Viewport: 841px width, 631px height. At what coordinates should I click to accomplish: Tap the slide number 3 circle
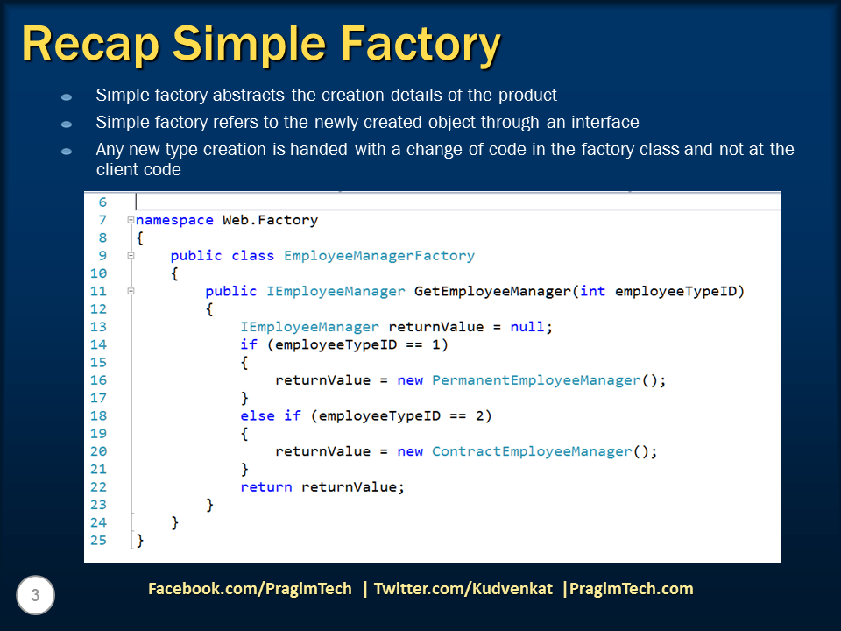coord(35,597)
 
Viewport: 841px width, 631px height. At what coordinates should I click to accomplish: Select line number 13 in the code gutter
coord(98,327)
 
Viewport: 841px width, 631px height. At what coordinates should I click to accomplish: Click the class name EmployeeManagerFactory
coord(378,256)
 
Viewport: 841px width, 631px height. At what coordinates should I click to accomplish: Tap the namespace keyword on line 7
coord(175,220)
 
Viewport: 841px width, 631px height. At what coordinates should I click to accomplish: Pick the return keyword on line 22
coord(266,486)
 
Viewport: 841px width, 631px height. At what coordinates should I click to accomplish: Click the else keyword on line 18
coord(258,415)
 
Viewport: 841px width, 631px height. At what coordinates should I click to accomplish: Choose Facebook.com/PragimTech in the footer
coord(250,589)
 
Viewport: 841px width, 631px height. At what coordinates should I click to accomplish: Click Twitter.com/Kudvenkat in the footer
coord(463,589)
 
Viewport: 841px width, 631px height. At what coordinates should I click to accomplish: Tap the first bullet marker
coord(67,96)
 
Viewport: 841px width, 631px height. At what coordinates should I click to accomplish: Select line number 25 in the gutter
coord(98,540)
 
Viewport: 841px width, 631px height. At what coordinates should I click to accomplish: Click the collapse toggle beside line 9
coord(130,256)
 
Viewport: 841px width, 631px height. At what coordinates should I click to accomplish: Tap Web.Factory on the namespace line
coord(270,220)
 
